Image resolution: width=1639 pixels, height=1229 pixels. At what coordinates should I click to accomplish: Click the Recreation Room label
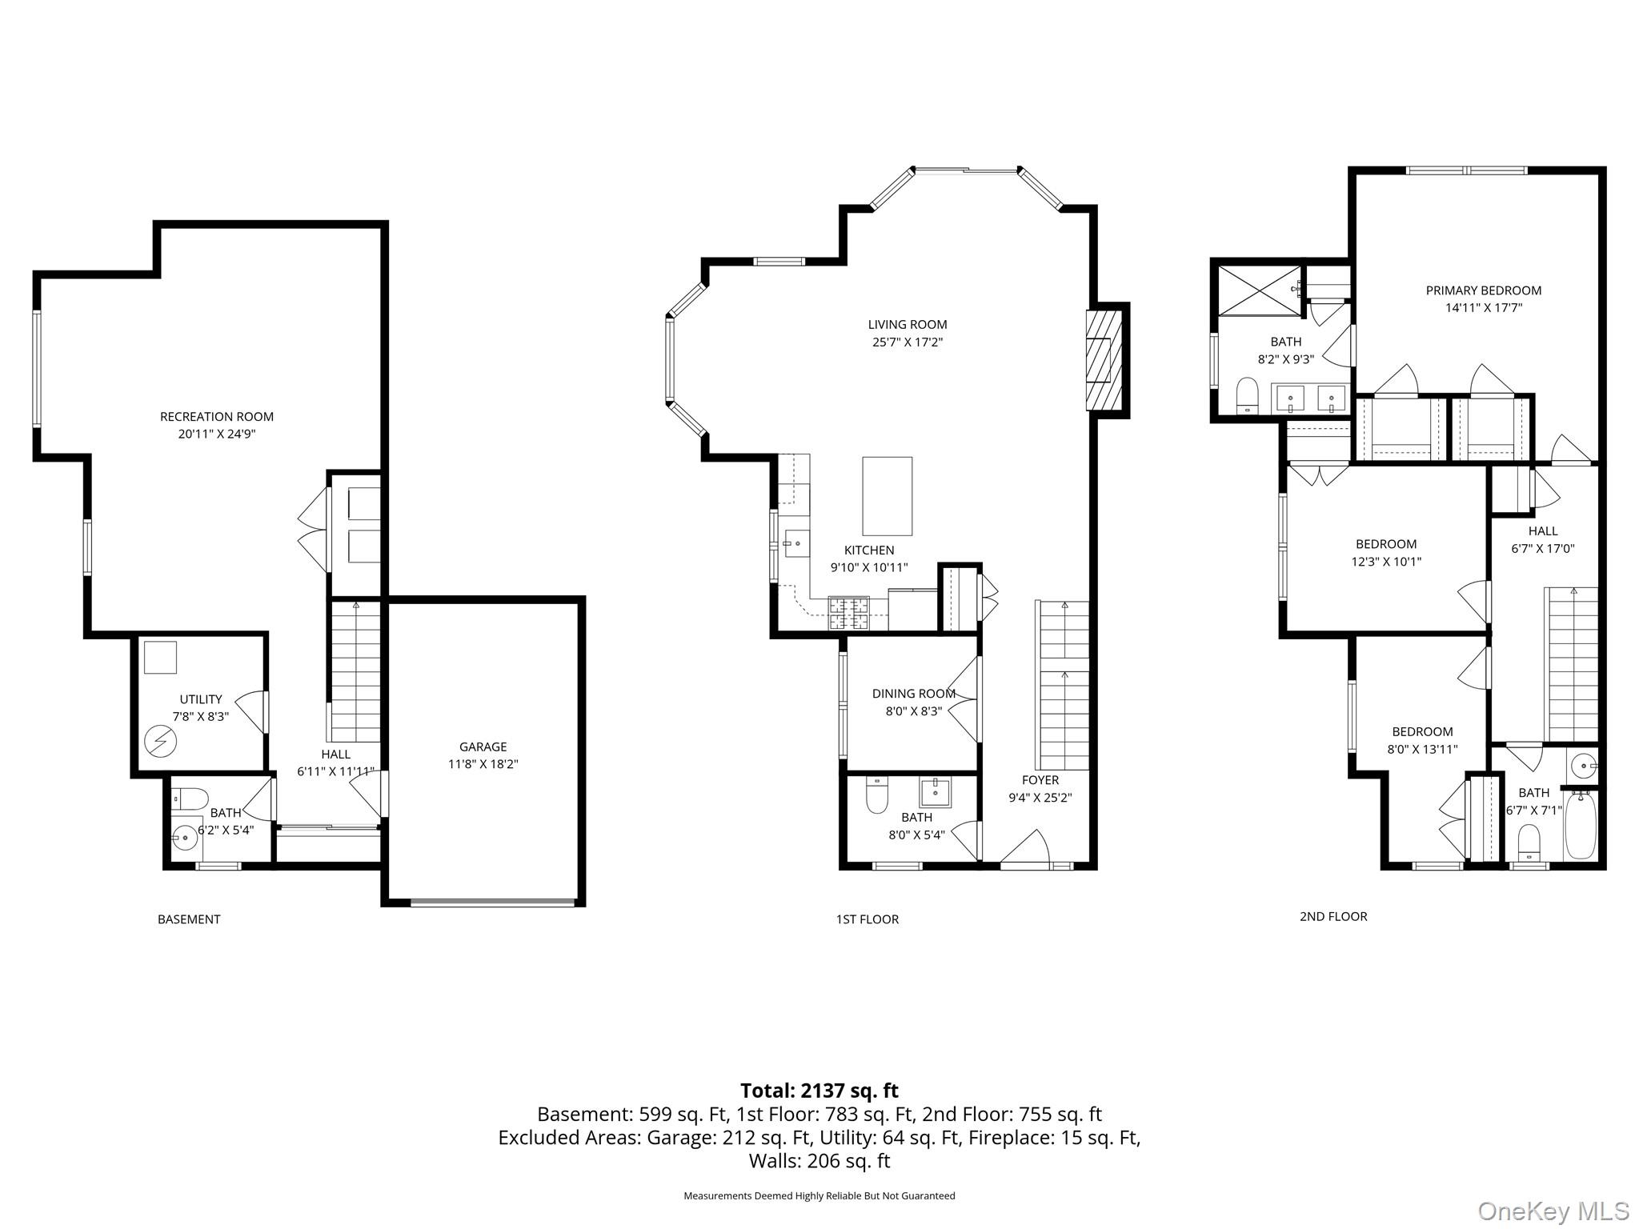pyautogui.click(x=216, y=416)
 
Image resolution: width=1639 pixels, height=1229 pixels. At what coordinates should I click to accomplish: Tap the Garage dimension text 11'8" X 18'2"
pyautogui.click(x=483, y=764)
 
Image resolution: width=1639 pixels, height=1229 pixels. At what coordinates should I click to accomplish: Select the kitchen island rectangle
pyautogui.click(x=887, y=496)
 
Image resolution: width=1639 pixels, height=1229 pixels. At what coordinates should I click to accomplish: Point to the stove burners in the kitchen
pyautogui.click(x=848, y=614)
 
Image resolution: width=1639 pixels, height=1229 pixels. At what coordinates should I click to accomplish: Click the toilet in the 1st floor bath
pyautogui.click(x=877, y=795)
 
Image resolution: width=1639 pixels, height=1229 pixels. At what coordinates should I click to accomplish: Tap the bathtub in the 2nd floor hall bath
pyautogui.click(x=1580, y=824)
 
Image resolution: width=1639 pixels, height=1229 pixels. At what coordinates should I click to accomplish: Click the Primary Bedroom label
pyautogui.click(x=1483, y=290)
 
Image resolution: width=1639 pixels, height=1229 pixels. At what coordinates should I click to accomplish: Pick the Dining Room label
pyautogui.click(x=913, y=694)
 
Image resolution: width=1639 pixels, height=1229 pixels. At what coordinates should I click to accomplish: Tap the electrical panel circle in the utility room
pyautogui.click(x=160, y=742)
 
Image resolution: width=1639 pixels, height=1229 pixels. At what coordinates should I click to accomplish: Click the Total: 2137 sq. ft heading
pyautogui.click(x=819, y=1091)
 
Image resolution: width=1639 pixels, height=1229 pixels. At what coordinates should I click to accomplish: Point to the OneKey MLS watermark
pyautogui.click(x=1553, y=1211)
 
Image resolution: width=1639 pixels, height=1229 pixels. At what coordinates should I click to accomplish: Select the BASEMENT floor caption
pyautogui.click(x=189, y=919)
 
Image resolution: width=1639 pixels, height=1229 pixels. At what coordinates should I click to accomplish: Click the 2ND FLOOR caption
pyautogui.click(x=1332, y=916)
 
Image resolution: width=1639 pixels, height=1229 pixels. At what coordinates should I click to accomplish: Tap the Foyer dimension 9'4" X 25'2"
pyautogui.click(x=1040, y=798)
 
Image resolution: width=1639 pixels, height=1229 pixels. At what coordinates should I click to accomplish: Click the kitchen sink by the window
pyautogui.click(x=795, y=545)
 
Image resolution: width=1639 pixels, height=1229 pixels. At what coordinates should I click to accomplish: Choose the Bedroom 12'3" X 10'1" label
pyautogui.click(x=1385, y=544)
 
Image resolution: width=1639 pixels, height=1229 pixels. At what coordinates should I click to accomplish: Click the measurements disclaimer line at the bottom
pyautogui.click(x=819, y=1196)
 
